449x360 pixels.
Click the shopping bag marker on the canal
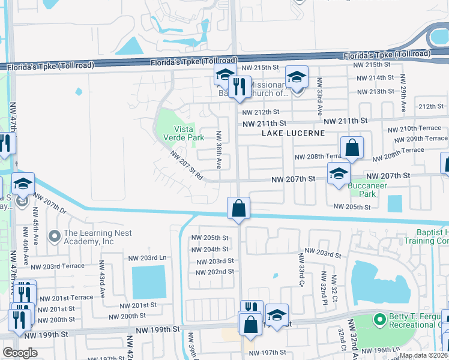[239, 209]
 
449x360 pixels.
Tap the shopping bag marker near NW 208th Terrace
[352, 148]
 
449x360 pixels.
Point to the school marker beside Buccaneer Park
[339, 174]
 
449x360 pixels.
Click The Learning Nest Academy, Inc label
[89, 237]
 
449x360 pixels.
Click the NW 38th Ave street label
[220, 150]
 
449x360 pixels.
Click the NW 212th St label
[261, 112]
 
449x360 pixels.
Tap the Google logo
[20, 353]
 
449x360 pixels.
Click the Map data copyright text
[423, 355]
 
